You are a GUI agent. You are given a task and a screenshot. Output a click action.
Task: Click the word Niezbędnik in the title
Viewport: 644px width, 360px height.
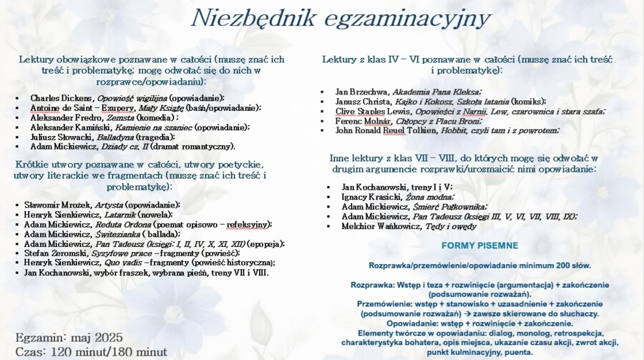(x=241, y=17)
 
